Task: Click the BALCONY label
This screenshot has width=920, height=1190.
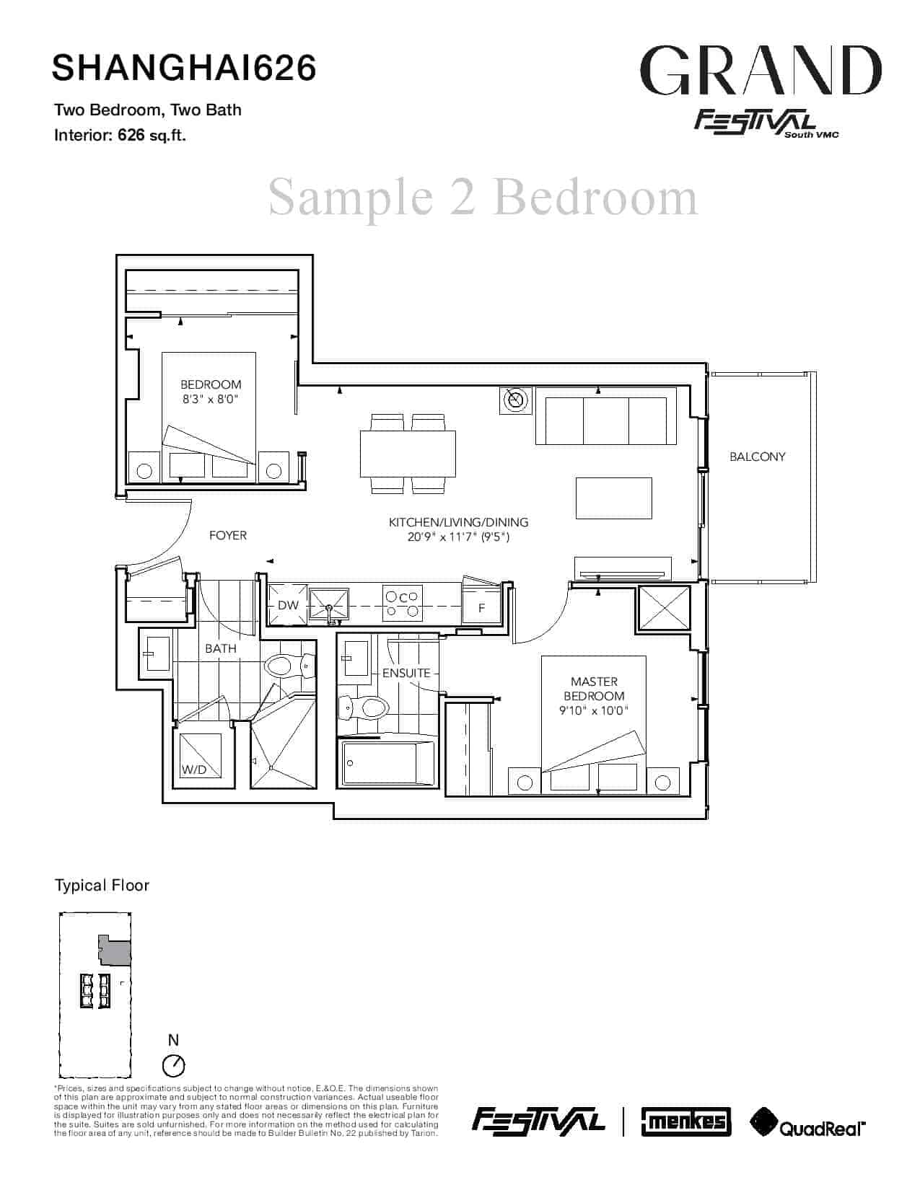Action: [x=757, y=457]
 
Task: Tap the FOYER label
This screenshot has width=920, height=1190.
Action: [x=228, y=536]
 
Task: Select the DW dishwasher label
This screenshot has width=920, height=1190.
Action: [x=288, y=605]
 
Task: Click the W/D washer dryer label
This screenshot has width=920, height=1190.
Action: [x=194, y=770]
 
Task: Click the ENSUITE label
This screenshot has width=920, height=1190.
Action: [x=406, y=673]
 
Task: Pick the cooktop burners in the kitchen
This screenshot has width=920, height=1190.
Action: [x=402, y=604]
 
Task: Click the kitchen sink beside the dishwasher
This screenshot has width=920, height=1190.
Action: [x=329, y=605]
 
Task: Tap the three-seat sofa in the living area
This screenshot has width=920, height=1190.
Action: [x=605, y=416]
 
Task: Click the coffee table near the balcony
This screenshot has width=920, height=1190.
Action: [x=614, y=498]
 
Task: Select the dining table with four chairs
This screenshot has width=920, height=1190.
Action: [x=408, y=454]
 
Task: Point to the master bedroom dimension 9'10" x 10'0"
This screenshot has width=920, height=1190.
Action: [x=593, y=711]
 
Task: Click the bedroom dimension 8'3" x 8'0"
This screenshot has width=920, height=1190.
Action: [x=211, y=400]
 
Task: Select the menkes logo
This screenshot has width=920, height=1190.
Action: [x=686, y=1122]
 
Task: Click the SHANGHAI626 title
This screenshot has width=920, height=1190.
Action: [x=184, y=68]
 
